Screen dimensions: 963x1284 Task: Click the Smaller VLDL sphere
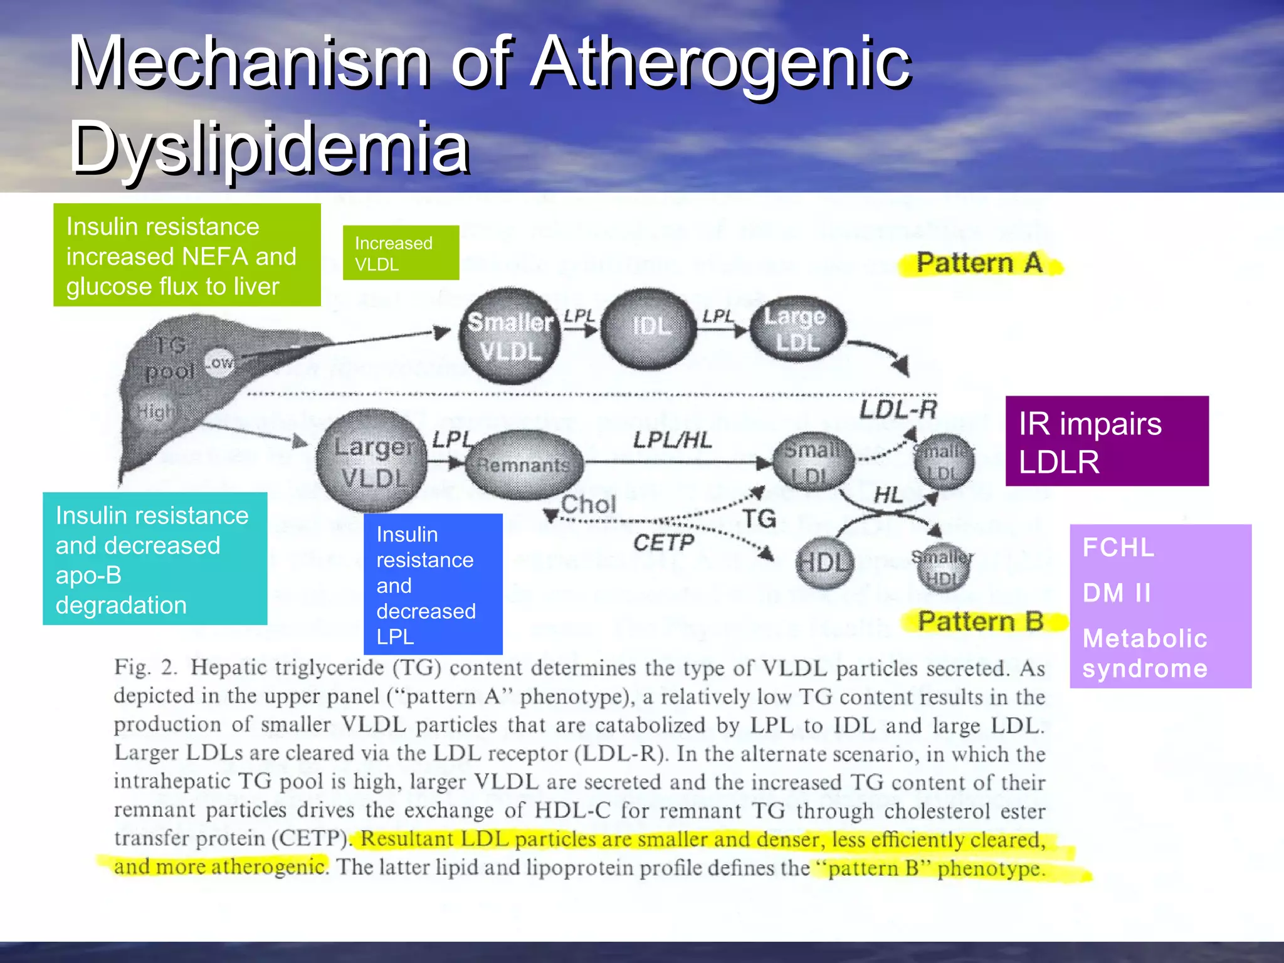[x=510, y=337]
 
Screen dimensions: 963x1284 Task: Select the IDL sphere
[x=649, y=328]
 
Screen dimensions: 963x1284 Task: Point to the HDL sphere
[x=824, y=562]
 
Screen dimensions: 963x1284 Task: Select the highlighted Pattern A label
[x=979, y=263]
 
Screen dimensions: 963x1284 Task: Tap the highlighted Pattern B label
[x=981, y=621]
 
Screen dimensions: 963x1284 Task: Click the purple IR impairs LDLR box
[x=1107, y=441]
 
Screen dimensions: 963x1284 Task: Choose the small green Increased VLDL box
[x=401, y=253]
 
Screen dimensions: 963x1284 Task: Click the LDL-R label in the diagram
[x=897, y=409]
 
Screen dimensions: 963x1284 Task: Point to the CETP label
[x=663, y=542]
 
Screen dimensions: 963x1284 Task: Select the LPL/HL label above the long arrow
[x=672, y=440]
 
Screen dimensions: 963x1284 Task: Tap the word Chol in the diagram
[x=588, y=504]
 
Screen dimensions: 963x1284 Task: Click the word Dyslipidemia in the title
[x=270, y=148]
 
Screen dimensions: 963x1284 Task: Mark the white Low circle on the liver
[x=219, y=362]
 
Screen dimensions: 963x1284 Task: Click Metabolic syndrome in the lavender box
[x=1144, y=653]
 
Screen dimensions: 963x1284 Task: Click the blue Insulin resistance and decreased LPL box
[x=433, y=584]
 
